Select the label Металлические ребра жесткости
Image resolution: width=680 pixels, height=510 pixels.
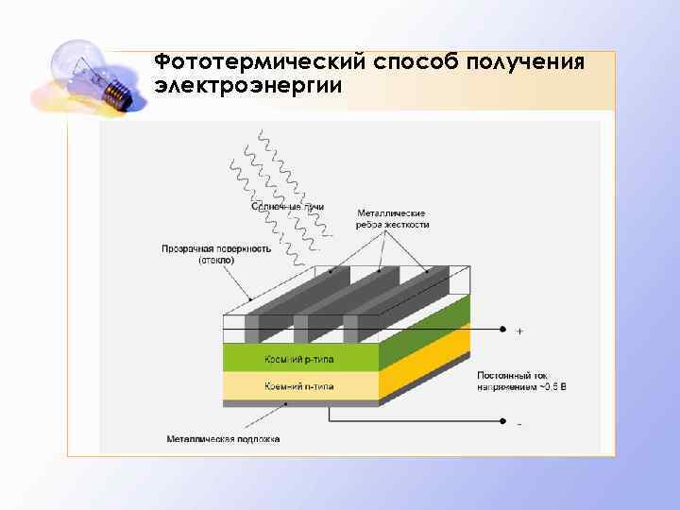coord(392,219)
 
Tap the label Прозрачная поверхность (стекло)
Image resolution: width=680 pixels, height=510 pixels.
coord(216,253)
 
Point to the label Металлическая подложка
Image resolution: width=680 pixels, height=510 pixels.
coord(224,439)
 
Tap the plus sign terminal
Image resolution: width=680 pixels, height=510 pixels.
coord(519,331)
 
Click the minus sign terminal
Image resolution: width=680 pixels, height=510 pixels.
coord(519,424)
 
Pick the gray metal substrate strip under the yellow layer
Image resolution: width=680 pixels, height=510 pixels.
coord(300,403)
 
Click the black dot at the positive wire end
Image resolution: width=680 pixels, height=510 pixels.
coord(501,331)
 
